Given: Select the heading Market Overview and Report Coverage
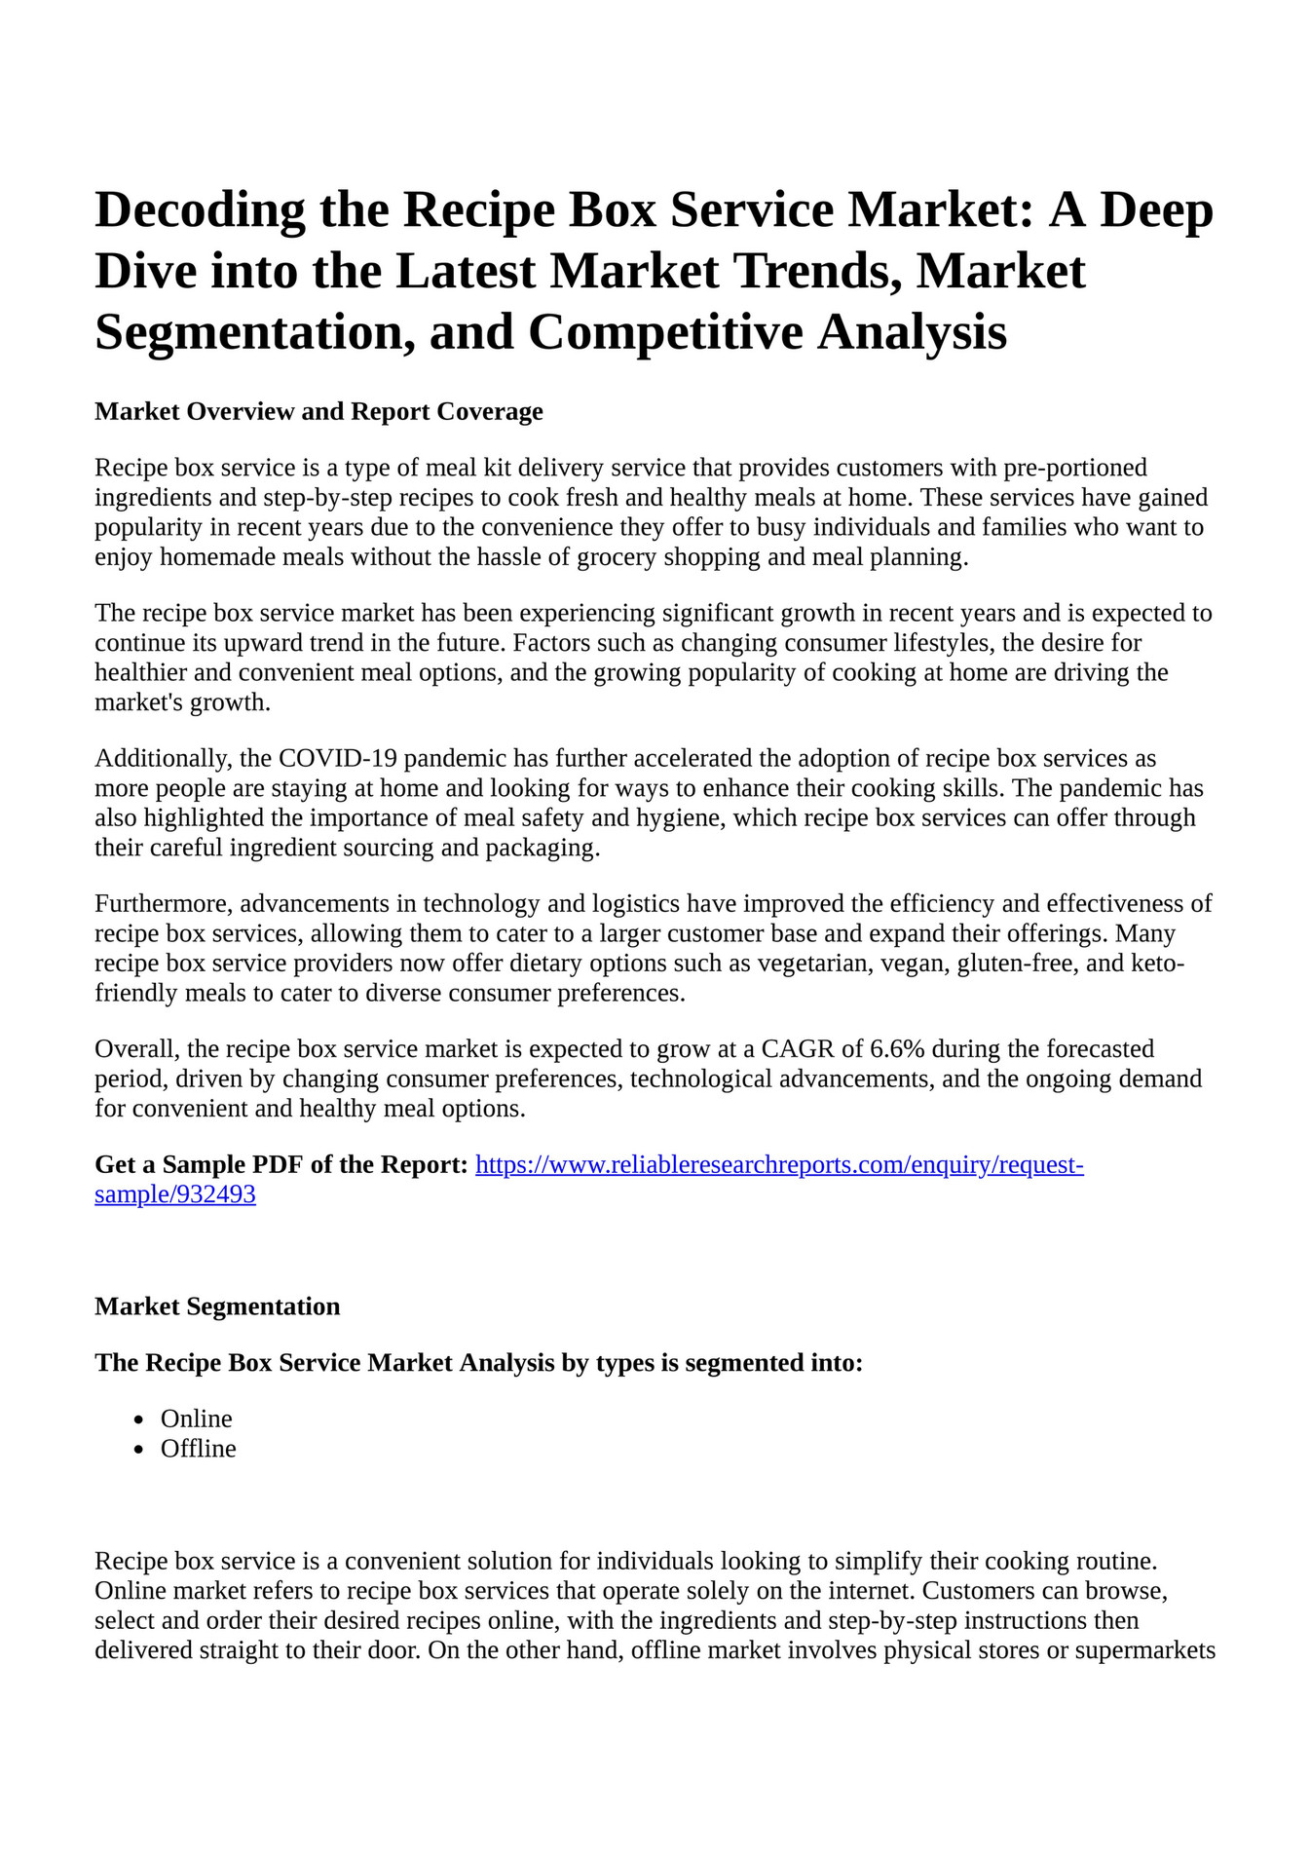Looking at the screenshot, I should (318, 411).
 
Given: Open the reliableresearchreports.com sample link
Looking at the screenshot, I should (778, 1165).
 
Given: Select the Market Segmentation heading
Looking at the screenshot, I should (217, 1306).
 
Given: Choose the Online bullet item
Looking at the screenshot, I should (196, 1419).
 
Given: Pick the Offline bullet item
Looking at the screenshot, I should (198, 1449).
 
